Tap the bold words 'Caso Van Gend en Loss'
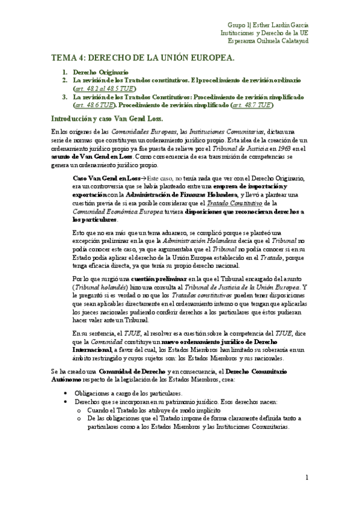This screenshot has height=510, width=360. click(x=105, y=178)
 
